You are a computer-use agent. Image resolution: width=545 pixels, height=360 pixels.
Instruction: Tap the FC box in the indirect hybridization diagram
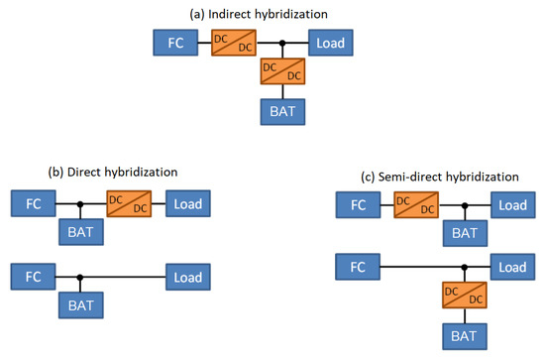[x=176, y=43]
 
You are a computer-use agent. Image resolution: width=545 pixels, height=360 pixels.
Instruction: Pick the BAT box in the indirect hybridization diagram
[x=282, y=111]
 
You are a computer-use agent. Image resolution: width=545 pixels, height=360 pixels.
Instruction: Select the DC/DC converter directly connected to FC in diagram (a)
[x=235, y=43]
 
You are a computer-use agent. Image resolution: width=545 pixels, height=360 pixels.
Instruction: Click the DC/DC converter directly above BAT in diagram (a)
[x=282, y=71]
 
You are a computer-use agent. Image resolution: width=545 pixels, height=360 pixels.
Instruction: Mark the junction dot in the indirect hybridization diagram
[x=283, y=43]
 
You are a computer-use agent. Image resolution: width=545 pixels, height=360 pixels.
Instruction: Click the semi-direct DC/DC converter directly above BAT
[x=464, y=296]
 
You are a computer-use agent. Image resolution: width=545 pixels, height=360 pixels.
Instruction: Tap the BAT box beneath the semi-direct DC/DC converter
[x=464, y=337]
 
